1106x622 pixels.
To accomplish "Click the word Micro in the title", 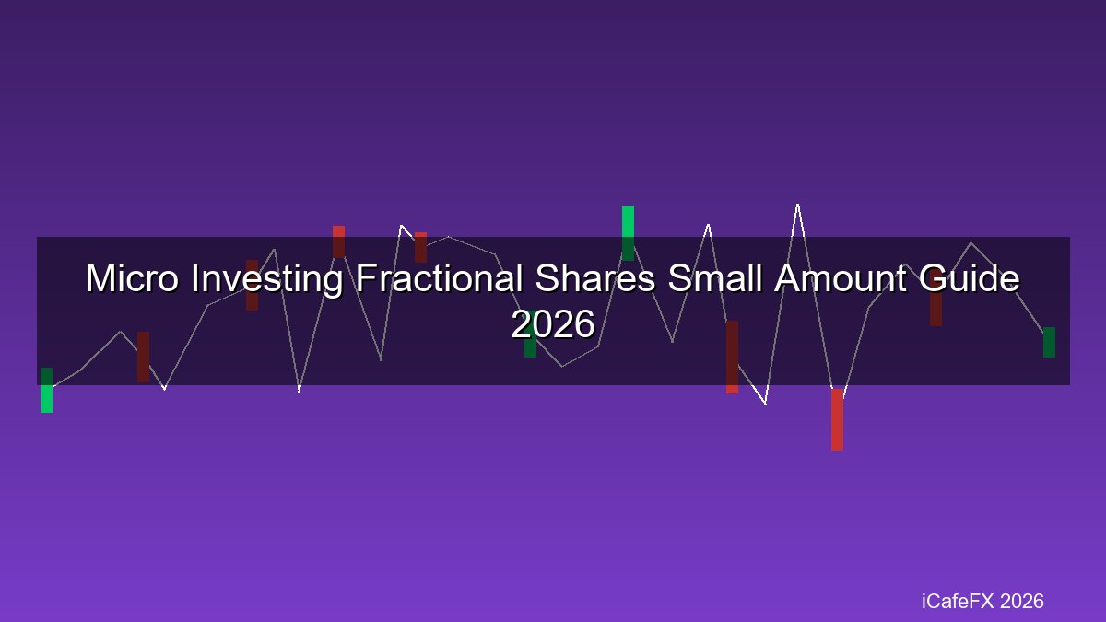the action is pos(132,278).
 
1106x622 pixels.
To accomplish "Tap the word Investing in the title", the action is pos(266,279).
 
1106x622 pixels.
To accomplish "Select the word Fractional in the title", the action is pos(439,278).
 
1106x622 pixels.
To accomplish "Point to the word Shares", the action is pos(595,278).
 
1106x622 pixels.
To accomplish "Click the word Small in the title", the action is pos(715,278).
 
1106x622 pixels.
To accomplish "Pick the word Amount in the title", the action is pos(841,278).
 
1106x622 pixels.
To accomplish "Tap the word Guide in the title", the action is pos(970,278).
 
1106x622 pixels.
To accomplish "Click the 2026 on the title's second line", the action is pos(553,323).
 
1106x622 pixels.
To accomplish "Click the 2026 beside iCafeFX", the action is pos(1021,601).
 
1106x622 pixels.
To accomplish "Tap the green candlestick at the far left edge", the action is pos(46,390).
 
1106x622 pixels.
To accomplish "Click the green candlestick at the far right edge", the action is pos(1049,342).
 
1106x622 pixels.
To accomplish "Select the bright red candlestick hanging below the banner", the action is pos(838,419).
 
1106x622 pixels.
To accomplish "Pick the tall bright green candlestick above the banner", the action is pos(628,233).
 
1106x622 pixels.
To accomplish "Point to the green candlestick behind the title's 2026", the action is pos(530,334).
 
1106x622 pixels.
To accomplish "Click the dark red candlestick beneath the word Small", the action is pos(732,357).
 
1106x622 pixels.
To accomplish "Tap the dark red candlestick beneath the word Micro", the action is pos(143,357).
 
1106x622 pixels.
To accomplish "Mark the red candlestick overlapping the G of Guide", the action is pos(935,297).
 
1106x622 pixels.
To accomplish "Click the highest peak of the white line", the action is pos(798,205).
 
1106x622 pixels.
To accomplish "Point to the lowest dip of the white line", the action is pos(765,404).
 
